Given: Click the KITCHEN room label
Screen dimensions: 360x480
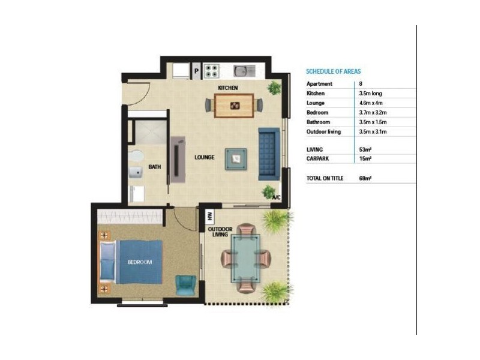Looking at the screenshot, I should [228, 88].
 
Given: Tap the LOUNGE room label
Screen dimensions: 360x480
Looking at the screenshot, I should [205, 158].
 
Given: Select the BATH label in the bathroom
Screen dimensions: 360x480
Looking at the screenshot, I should [155, 167].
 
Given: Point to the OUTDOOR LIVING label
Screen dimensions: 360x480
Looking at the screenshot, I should [218, 232].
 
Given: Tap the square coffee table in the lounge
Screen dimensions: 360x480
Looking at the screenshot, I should [236, 159].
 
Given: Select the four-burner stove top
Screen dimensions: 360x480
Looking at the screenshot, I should [212, 71].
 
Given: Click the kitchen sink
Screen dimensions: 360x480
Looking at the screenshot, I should [243, 71].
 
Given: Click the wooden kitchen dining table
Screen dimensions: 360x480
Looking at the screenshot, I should [234, 106].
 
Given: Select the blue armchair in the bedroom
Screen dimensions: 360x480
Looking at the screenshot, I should [185, 284].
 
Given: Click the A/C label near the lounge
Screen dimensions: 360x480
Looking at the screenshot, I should [276, 197].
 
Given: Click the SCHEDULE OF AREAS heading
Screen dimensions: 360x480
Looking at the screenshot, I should [333, 71].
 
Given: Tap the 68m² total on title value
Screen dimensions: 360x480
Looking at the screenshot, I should [365, 178].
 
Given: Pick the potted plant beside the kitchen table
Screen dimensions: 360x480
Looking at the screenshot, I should [275, 88].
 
